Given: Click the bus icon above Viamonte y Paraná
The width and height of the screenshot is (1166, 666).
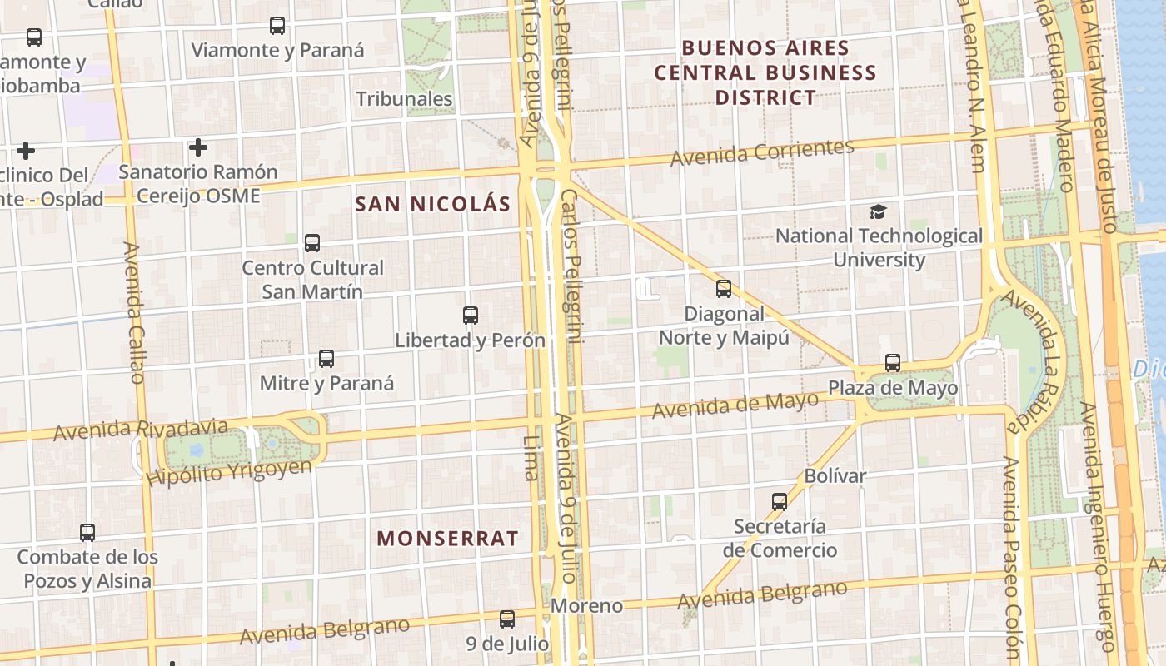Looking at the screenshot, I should (x=277, y=26).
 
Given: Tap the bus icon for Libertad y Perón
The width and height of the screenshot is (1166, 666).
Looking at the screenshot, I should (x=471, y=316).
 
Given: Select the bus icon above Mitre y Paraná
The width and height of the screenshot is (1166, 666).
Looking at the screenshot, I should (x=326, y=359).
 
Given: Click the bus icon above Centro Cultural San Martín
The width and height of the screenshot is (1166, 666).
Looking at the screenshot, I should (x=312, y=243).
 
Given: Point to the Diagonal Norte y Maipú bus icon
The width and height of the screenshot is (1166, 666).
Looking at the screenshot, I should (x=724, y=289).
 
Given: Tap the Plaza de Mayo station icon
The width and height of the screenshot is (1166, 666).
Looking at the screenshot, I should (x=893, y=363).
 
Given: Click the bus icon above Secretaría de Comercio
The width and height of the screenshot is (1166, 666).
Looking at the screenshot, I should (x=780, y=502).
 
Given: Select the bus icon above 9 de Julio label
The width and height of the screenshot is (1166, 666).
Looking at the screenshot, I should (x=507, y=619).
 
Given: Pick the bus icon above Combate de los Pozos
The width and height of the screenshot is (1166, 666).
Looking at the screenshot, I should (x=87, y=533).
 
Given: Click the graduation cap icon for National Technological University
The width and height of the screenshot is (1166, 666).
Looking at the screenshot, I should (x=879, y=211).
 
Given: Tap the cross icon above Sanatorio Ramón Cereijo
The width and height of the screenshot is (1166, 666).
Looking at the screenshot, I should (x=197, y=147).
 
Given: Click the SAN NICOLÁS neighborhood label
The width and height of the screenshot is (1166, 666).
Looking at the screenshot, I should (x=432, y=204).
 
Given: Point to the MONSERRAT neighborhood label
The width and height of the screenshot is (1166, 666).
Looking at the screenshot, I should (x=447, y=539).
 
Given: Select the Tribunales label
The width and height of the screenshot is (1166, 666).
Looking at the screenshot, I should (x=405, y=99).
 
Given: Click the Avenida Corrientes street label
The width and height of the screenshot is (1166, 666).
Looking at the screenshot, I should (x=762, y=152).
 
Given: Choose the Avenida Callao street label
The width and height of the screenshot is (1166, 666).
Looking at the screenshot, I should (x=134, y=312).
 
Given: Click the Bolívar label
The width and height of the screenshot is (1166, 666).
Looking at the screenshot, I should (x=835, y=476).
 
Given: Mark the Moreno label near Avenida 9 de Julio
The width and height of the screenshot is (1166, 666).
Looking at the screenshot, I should (x=586, y=605).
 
